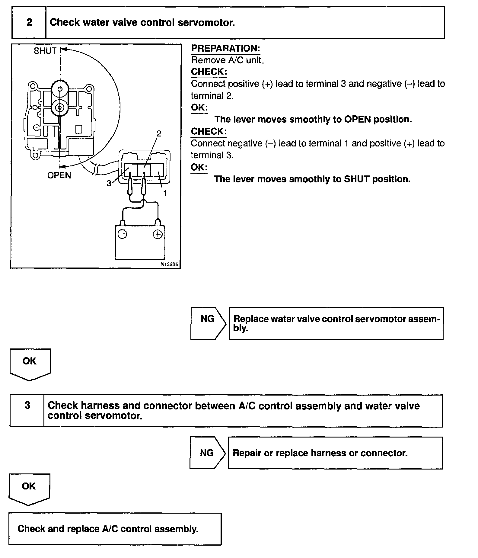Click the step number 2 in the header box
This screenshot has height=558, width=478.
coord(29,22)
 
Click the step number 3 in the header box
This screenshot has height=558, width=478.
coord(27,405)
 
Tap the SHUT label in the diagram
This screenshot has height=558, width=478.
coord(45,51)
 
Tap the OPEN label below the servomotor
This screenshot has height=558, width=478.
coord(59,175)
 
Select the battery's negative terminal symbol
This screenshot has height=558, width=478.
coord(122,234)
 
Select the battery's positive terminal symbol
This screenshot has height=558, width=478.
coord(158,234)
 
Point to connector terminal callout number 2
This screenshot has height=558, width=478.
coord(159,133)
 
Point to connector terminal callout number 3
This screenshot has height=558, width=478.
coord(109,183)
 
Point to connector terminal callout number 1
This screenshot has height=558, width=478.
coord(165,193)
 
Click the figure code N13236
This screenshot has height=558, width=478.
coord(169,264)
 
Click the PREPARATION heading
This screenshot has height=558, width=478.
coord(225,48)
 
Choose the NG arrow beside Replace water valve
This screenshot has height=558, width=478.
coord(208,323)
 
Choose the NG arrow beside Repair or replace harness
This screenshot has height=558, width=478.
coord(207,453)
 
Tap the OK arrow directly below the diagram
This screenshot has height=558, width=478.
coord(30,364)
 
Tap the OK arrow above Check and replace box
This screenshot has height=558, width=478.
coord(29,489)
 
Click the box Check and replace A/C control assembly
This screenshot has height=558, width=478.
coord(115,529)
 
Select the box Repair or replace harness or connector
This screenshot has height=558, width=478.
coord(335,453)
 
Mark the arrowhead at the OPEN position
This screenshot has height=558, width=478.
coord(62,166)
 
